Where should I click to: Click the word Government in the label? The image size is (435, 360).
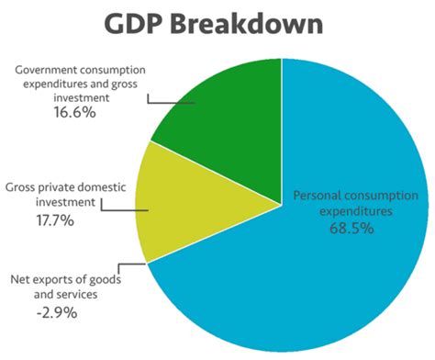pos(51,68)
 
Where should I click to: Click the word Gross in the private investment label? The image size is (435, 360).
pos(24,186)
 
